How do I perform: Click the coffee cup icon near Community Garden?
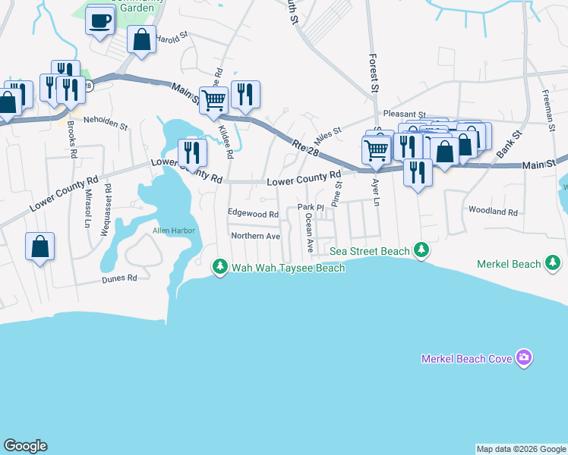click(100, 20)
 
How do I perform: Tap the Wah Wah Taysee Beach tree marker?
click(219, 267)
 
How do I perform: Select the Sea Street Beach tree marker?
click(421, 250)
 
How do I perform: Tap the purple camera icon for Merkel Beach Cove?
click(523, 358)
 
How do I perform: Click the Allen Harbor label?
click(174, 230)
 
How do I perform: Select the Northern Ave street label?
click(256, 236)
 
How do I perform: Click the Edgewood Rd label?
click(254, 214)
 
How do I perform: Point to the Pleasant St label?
click(405, 114)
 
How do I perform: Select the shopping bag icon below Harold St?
click(142, 40)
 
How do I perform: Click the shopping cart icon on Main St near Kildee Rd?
click(214, 99)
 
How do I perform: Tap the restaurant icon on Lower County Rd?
click(192, 152)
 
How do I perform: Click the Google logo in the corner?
click(25, 446)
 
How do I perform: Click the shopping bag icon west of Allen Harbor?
click(39, 246)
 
